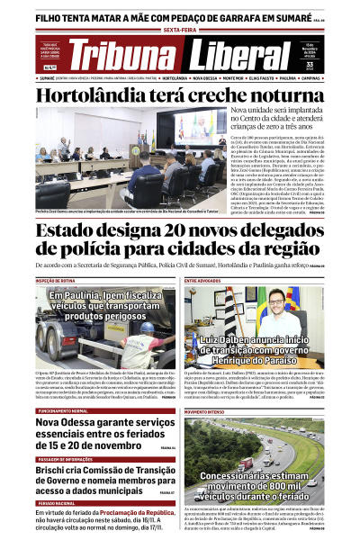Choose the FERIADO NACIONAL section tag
pyautogui.click(x=57, y=502)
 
